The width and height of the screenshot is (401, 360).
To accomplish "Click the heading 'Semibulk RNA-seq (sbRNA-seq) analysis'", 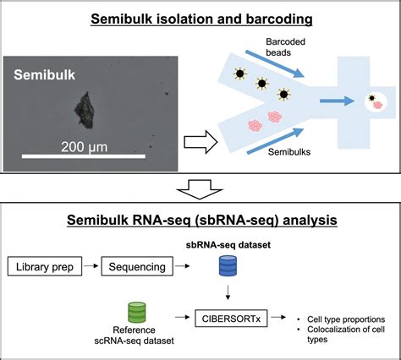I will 200,221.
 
